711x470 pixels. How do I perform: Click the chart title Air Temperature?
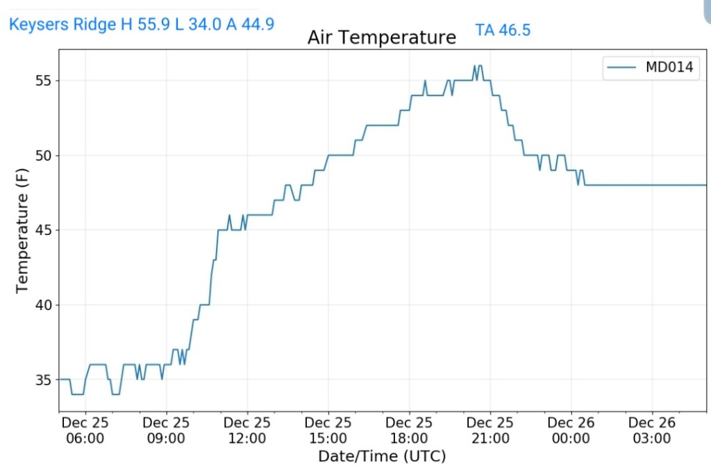pyautogui.click(x=382, y=37)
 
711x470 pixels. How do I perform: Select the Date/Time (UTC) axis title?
pyautogui.click(x=382, y=456)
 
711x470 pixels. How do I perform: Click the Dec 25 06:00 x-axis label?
pyautogui.click(x=85, y=430)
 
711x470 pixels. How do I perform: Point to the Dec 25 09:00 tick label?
pyautogui.click(x=166, y=430)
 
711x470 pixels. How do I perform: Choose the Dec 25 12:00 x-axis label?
pyautogui.click(x=247, y=430)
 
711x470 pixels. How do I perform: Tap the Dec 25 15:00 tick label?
pyautogui.click(x=328, y=430)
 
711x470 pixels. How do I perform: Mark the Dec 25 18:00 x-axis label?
pyautogui.click(x=409, y=430)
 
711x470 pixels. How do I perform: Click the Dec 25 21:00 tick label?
pyautogui.click(x=490, y=430)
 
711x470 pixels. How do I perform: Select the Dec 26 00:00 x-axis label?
pyautogui.click(x=571, y=430)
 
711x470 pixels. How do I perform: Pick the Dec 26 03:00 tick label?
pyautogui.click(x=652, y=430)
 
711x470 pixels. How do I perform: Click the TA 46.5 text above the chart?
pyautogui.click(x=503, y=30)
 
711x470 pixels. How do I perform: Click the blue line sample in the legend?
pyautogui.click(x=621, y=67)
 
